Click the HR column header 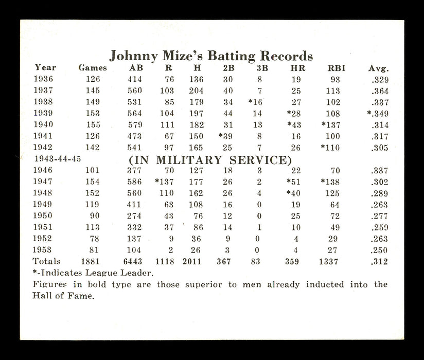click(297, 68)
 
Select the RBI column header click(337, 68)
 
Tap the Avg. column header click(378, 68)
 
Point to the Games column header click(93, 68)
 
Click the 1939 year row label click(45, 113)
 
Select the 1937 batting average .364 click(379, 91)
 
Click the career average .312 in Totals click(379, 261)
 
